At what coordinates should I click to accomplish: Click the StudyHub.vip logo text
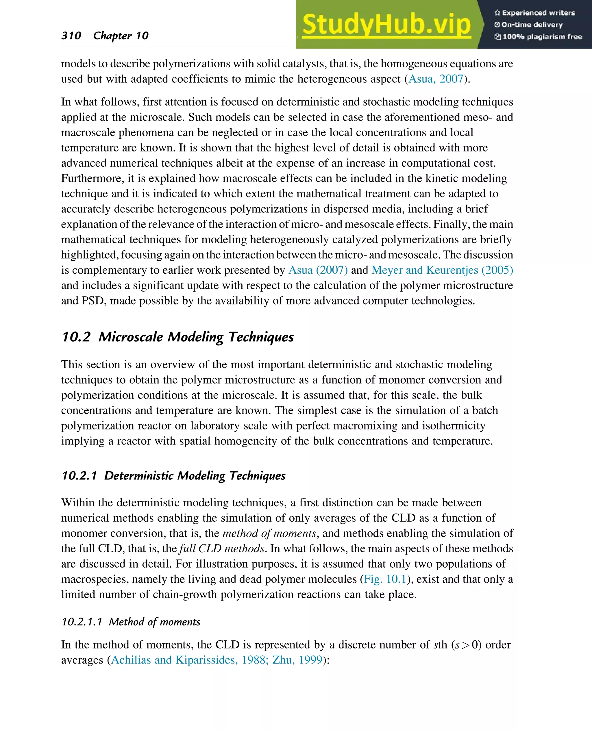(386, 25)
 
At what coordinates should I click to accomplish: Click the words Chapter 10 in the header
(121, 36)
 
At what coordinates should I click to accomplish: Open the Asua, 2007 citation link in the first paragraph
(436, 79)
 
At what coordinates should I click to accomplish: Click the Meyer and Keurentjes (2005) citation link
(442, 270)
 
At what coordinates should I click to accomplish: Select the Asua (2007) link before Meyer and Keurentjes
(318, 270)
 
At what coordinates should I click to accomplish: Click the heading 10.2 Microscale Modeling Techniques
(178, 337)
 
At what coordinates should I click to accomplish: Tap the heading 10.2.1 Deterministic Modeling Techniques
(173, 476)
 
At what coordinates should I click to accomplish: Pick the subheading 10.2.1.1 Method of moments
(131, 622)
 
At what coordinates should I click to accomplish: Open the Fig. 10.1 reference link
(385, 579)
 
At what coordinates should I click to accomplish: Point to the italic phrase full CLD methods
(222, 548)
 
